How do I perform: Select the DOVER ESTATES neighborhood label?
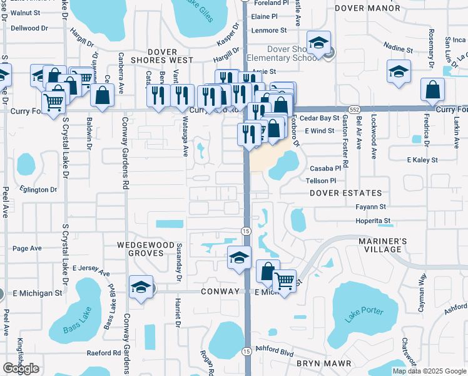(x=353, y=193)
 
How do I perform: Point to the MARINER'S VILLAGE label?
(x=383, y=245)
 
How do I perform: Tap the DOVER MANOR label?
(x=367, y=8)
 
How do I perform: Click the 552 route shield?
(x=354, y=108)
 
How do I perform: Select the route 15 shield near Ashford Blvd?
(x=247, y=352)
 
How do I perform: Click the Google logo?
(x=21, y=368)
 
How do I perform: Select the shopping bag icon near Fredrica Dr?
(x=432, y=90)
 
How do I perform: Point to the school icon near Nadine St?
(x=398, y=71)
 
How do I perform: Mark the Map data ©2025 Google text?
(x=429, y=371)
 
